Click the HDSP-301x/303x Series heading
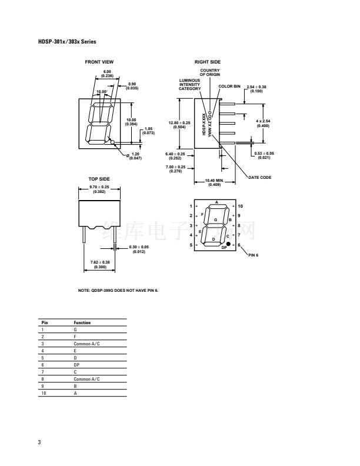click(x=66, y=42)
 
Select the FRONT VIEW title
click(x=99, y=62)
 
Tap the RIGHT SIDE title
click(x=207, y=62)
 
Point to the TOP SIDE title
click(x=99, y=179)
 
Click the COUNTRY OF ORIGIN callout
click(x=210, y=72)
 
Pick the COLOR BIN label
click(x=229, y=86)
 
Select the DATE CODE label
click(x=259, y=177)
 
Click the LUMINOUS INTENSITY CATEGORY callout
click(x=189, y=84)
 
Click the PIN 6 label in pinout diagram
click(x=254, y=255)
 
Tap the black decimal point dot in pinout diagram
click(x=228, y=243)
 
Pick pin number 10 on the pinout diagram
click(x=241, y=206)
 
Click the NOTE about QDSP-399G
click(x=118, y=290)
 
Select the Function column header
click(x=82, y=322)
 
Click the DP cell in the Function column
click(x=76, y=365)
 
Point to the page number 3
click(x=39, y=442)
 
